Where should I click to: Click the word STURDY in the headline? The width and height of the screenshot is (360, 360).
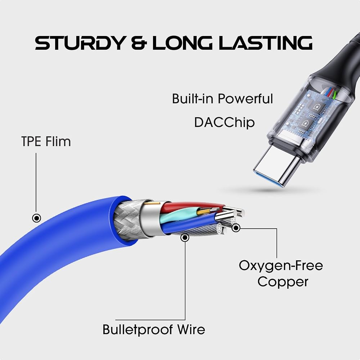(80, 43)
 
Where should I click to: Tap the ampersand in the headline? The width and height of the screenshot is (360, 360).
(139, 43)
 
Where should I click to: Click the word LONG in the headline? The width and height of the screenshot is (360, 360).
(183, 43)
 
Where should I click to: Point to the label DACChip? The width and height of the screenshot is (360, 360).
(224, 122)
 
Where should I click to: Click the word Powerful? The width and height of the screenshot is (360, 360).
(245, 99)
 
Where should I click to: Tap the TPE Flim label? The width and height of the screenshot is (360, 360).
(46, 141)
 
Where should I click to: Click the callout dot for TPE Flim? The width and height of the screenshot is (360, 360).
(36, 218)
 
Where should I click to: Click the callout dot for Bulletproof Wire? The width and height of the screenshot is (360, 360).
(185, 238)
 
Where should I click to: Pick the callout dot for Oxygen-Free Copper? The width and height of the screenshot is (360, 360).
(236, 228)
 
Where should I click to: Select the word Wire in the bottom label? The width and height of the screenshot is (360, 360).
(191, 329)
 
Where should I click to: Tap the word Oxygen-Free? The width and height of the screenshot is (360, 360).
(281, 266)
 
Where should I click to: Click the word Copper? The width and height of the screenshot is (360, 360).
(283, 282)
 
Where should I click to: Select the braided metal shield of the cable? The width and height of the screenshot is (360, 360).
(127, 220)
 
